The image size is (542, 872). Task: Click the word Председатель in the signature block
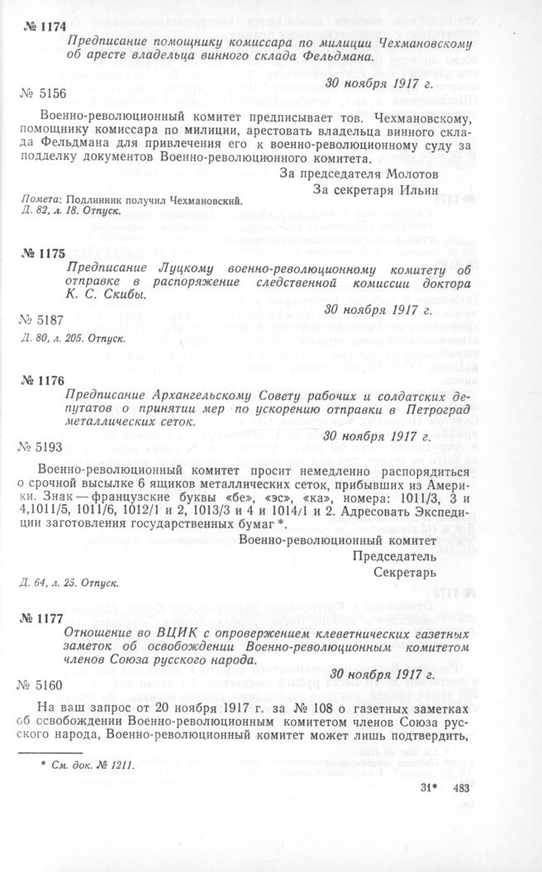pos(392,555)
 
